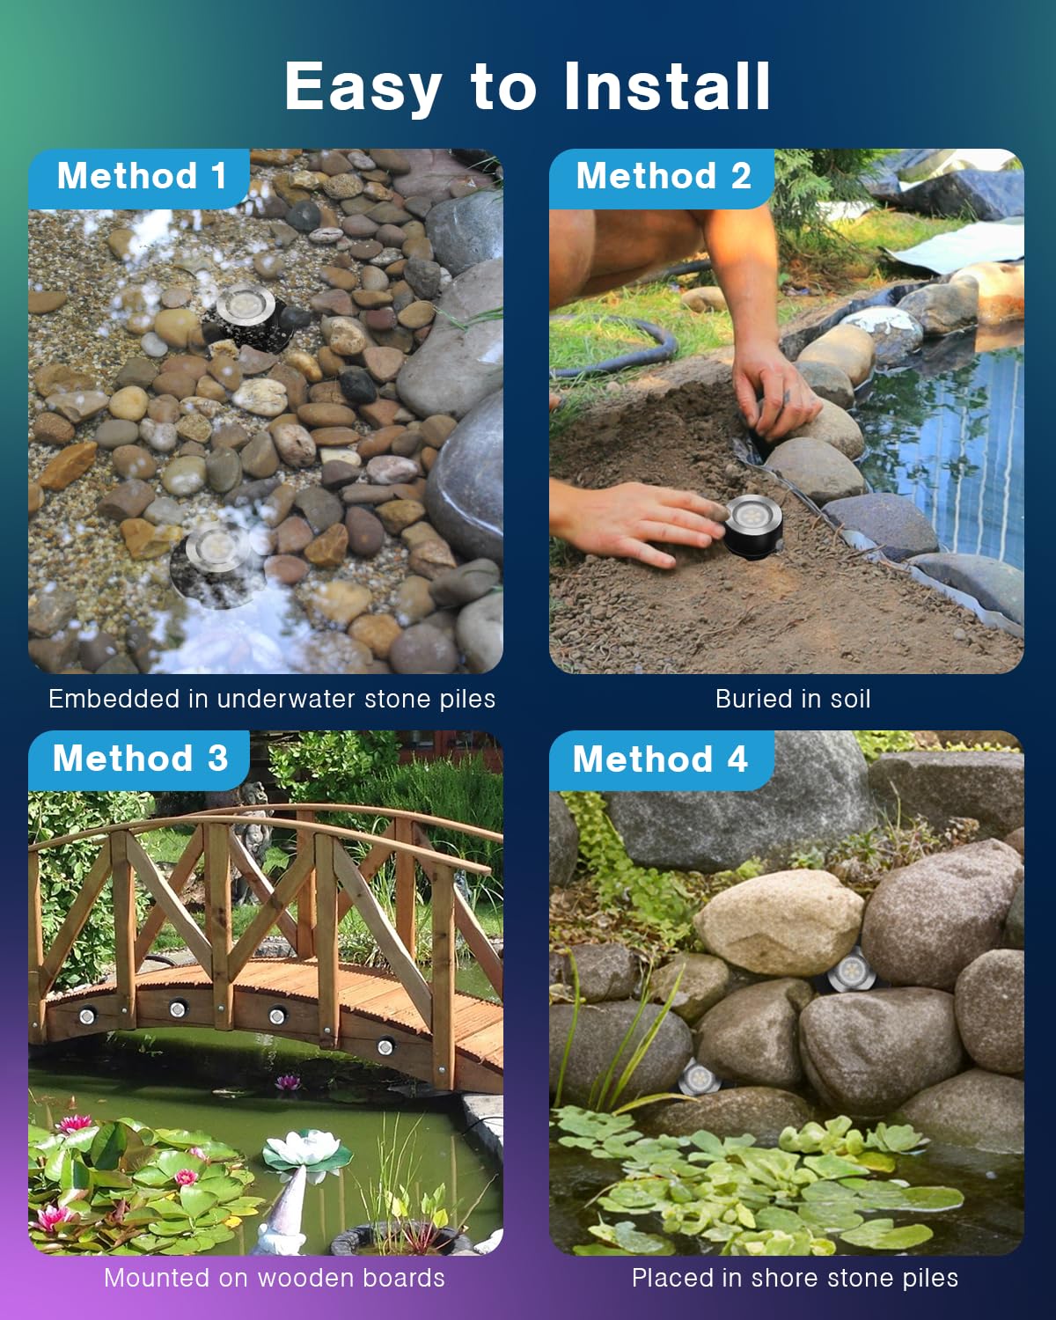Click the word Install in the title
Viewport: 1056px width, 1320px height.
point(667,86)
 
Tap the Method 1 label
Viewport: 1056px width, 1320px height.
point(142,176)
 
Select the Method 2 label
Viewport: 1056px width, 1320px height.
point(664,176)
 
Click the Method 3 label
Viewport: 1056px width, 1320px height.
point(141,759)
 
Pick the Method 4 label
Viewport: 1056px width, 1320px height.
point(660,759)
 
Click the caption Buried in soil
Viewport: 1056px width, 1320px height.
point(793,699)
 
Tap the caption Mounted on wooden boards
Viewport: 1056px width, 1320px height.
point(275,1278)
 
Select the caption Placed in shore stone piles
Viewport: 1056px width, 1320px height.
point(795,1279)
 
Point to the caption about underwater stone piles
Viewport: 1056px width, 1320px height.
point(272,699)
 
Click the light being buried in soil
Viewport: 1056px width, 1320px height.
point(753,525)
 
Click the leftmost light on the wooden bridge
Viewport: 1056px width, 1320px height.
point(87,1016)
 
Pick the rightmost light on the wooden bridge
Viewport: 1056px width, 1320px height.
point(385,1045)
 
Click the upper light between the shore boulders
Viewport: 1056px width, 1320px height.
point(851,971)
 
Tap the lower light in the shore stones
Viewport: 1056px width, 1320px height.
point(699,1078)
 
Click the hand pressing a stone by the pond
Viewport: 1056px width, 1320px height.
point(775,390)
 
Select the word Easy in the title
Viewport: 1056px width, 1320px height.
point(363,86)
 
